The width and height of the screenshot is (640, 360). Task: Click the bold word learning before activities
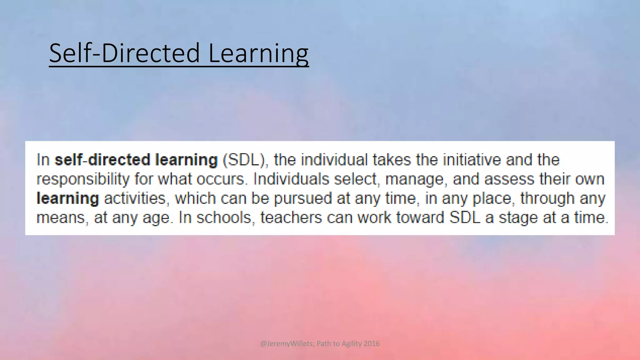[68, 199]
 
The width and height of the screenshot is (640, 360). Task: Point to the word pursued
[302, 199]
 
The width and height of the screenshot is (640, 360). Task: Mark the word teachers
[291, 217]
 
